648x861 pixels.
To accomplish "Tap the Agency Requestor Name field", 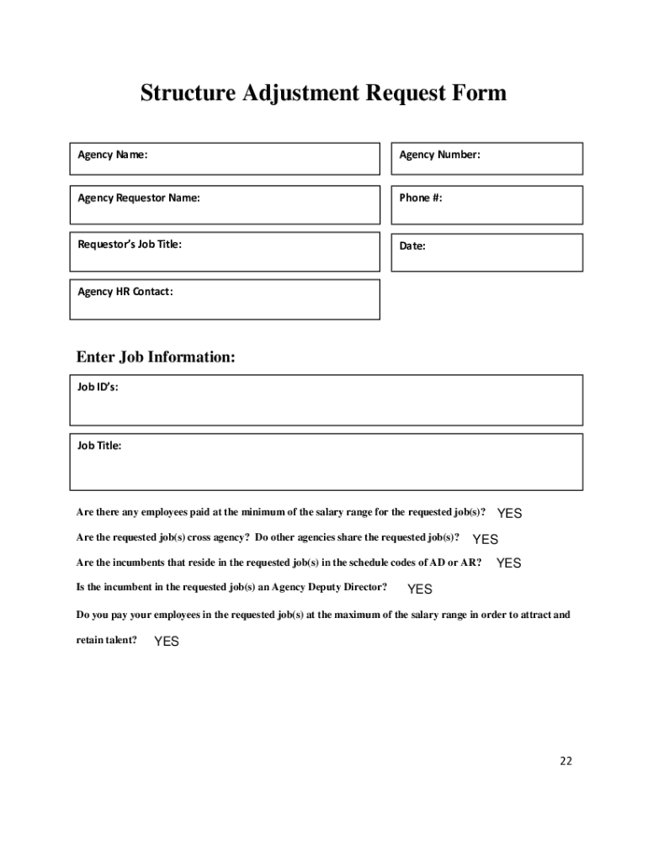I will click(x=224, y=204).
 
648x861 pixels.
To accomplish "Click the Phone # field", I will click(x=486, y=204).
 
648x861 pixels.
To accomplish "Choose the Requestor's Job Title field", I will click(x=224, y=251).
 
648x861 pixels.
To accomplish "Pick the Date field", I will click(x=486, y=252).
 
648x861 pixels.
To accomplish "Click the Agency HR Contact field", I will click(x=224, y=299).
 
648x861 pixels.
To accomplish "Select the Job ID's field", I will click(x=326, y=400).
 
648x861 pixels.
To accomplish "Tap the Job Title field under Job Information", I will click(x=326, y=462).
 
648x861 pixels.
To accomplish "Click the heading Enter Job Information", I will click(x=156, y=357).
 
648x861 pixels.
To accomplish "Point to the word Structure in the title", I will click(x=188, y=92).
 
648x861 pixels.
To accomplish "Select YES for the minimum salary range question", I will click(x=510, y=513).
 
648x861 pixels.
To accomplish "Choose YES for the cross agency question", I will click(x=486, y=540).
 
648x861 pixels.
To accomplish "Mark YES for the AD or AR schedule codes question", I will click(x=509, y=563).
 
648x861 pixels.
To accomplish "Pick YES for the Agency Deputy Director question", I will click(x=420, y=589).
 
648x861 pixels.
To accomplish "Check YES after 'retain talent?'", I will click(x=167, y=642).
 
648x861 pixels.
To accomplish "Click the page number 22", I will click(x=566, y=761).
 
